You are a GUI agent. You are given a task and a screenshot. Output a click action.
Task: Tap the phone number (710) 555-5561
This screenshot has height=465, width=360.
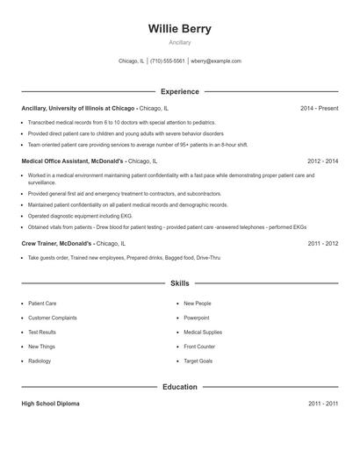[x=168, y=61]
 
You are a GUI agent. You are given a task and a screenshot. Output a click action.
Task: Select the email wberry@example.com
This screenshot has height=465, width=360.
[x=216, y=61]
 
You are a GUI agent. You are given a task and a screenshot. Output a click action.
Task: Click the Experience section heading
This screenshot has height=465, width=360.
[x=179, y=91]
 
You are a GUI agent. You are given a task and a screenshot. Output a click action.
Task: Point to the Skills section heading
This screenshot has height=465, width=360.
[x=179, y=283]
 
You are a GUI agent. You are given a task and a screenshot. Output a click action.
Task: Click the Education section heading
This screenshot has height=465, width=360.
[x=179, y=387]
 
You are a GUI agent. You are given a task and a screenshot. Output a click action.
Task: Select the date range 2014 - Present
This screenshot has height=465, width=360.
[x=319, y=109]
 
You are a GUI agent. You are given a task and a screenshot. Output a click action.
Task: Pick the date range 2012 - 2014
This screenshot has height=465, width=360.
[x=322, y=161]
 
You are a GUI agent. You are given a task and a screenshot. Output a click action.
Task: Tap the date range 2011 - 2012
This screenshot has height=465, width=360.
[x=322, y=243]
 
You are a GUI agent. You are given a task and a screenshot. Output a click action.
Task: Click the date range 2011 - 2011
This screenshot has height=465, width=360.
[x=322, y=404]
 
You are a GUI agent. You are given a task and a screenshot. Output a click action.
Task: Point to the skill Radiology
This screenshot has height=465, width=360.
[x=40, y=361]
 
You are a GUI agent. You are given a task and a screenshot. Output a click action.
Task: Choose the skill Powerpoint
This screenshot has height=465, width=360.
[x=196, y=318]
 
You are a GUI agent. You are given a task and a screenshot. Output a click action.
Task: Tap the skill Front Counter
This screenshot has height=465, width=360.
[x=199, y=347]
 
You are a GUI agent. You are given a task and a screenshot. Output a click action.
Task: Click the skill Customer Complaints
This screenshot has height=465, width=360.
[x=53, y=318]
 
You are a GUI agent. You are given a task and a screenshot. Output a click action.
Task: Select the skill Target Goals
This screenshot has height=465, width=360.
[x=198, y=361]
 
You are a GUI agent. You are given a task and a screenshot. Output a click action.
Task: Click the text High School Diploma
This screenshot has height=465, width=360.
[x=50, y=404]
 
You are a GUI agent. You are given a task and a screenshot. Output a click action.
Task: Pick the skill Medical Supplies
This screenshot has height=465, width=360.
[x=202, y=333]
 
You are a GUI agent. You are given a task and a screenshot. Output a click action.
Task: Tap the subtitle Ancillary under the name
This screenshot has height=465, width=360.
[x=179, y=42]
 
